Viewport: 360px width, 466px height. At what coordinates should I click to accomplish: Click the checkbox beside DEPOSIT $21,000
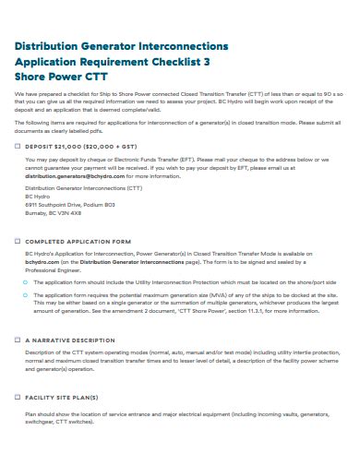(18, 147)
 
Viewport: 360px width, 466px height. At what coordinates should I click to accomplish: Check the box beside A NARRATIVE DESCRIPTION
(18, 341)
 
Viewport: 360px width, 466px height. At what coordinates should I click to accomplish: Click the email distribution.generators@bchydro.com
(69, 176)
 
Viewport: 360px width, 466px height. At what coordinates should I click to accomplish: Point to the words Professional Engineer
(55, 271)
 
